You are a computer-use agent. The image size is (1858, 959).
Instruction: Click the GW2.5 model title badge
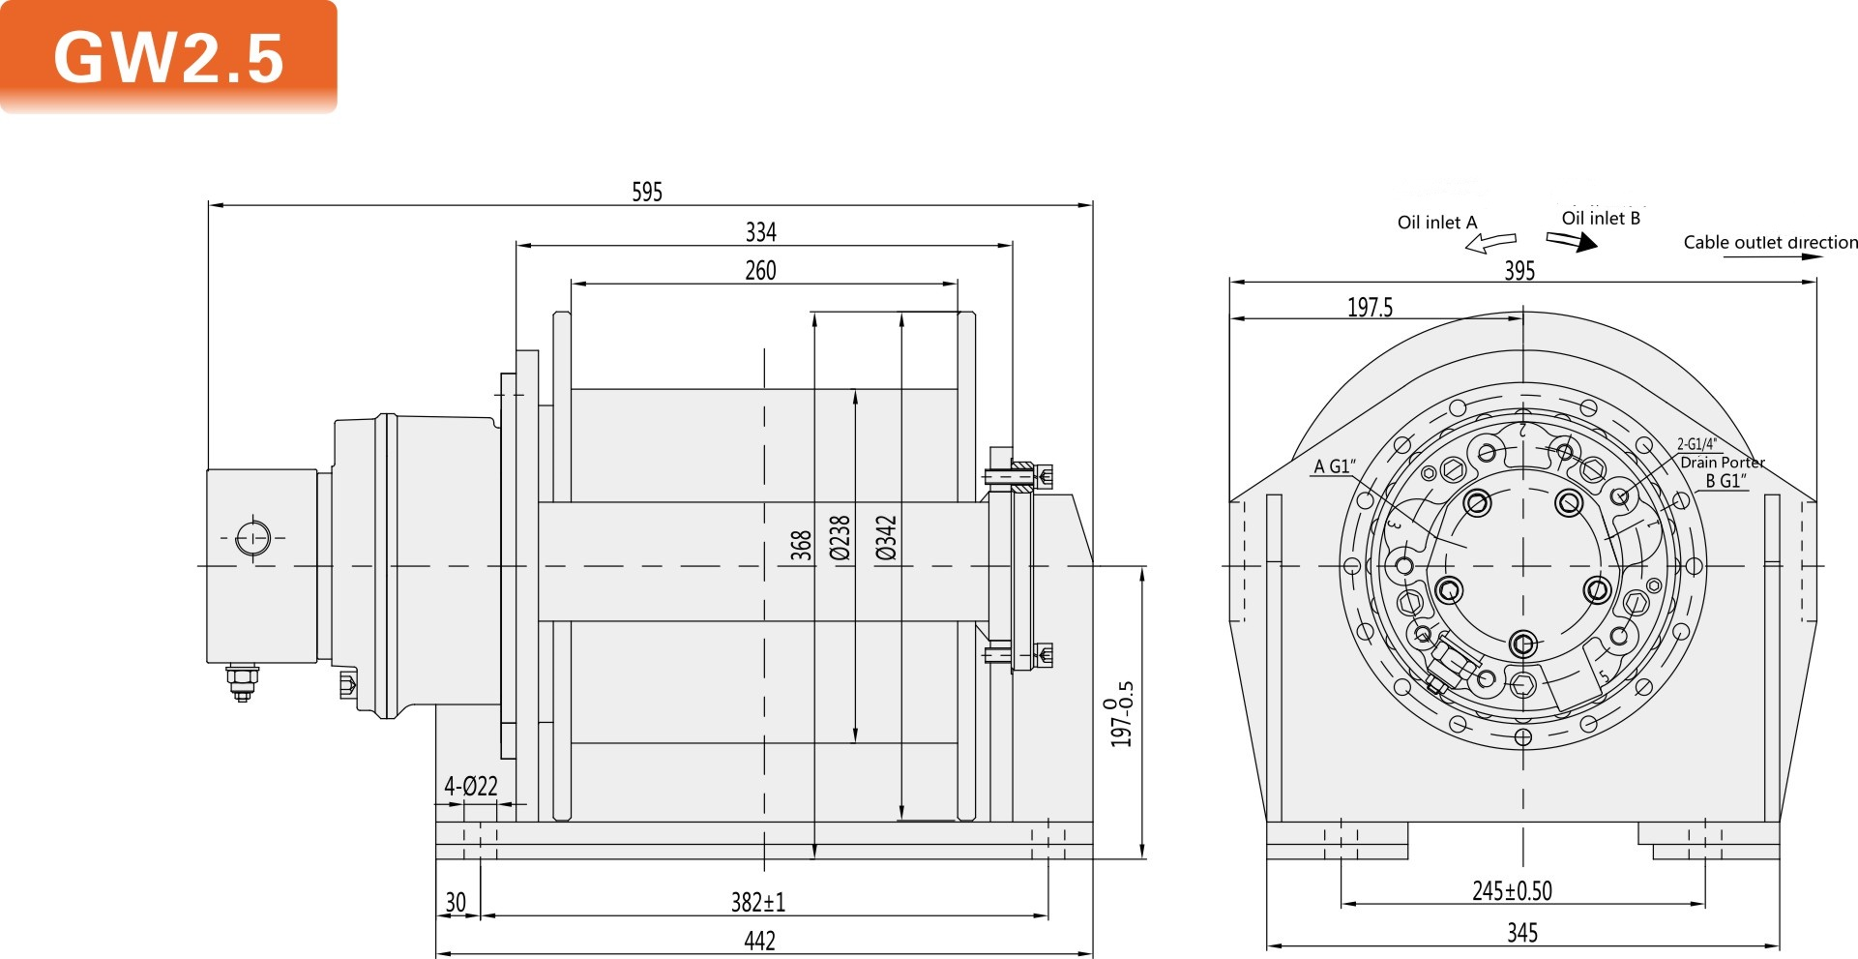click(x=168, y=57)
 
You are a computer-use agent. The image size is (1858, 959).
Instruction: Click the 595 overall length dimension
click(x=647, y=192)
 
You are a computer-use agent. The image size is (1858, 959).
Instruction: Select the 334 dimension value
click(x=760, y=232)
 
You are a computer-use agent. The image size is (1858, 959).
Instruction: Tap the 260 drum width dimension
click(x=760, y=271)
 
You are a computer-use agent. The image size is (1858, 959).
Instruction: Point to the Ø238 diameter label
click(x=840, y=538)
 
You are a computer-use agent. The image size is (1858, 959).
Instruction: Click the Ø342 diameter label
click(x=886, y=538)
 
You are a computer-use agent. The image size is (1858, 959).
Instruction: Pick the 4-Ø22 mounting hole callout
click(x=471, y=786)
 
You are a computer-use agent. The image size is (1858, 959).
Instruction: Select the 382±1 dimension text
click(x=757, y=902)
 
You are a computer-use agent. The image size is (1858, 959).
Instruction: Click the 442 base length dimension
click(x=759, y=941)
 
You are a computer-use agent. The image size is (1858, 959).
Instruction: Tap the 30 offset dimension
click(x=456, y=902)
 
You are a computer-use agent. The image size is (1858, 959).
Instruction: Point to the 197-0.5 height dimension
click(x=1122, y=714)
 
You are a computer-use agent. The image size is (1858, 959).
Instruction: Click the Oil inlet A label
click(x=1437, y=223)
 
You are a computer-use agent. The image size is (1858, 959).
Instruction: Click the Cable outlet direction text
click(x=1770, y=243)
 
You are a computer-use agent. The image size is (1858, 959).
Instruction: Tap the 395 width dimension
click(x=1519, y=271)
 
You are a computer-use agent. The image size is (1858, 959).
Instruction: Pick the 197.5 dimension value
click(x=1370, y=308)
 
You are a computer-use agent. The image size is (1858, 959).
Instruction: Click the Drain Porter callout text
click(x=1723, y=463)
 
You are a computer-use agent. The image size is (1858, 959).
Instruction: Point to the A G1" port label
click(x=1335, y=466)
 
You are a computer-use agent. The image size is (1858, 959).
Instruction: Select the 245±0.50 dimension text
click(x=1512, y=890)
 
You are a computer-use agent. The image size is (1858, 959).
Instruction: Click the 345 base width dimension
click(x=1522, y=933)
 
